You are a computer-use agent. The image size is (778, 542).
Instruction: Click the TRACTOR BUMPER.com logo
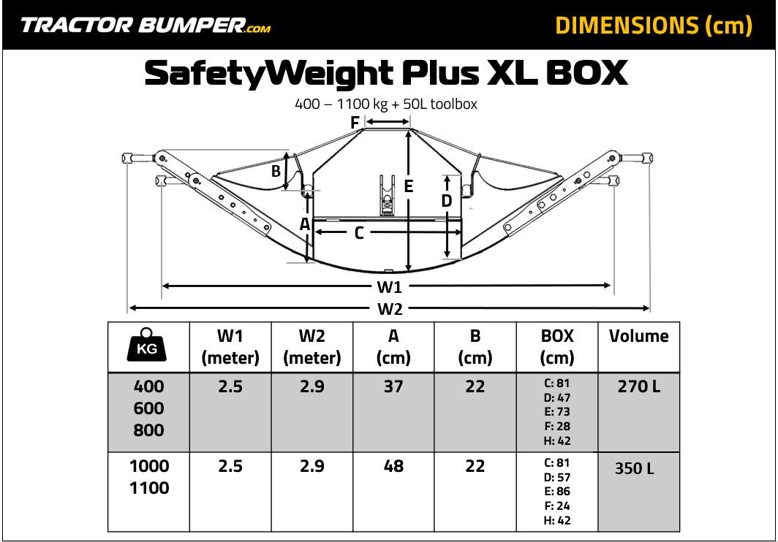tap(146, 26)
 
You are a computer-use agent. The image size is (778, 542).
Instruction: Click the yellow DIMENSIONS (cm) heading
tap(654, 26)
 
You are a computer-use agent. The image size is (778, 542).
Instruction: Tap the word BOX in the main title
tap(587, 72)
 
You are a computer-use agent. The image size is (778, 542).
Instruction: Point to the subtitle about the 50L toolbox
tap(386, 104)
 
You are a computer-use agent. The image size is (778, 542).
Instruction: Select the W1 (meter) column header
tap(230, 347)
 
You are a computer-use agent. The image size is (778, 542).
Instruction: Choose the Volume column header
tap(638, 336)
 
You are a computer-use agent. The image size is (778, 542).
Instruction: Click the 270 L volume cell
tap(639, 386)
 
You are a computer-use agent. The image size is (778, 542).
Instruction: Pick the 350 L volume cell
tap(635, 468)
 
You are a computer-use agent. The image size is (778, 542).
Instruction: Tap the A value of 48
tap(393, 466)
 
